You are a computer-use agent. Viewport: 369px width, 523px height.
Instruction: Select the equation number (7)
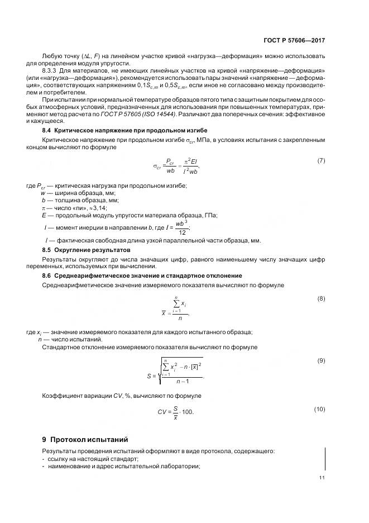pos(321,161)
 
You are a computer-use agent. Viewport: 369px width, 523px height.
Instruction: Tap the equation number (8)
pos(321,298)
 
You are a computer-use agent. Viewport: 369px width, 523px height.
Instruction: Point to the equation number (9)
pos(321,360)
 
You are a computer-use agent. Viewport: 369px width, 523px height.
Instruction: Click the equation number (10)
pos(319,409)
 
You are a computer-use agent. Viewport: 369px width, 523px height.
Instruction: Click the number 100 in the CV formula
pos(189,412)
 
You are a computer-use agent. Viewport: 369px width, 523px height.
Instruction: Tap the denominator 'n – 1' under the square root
pos(183,382)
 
